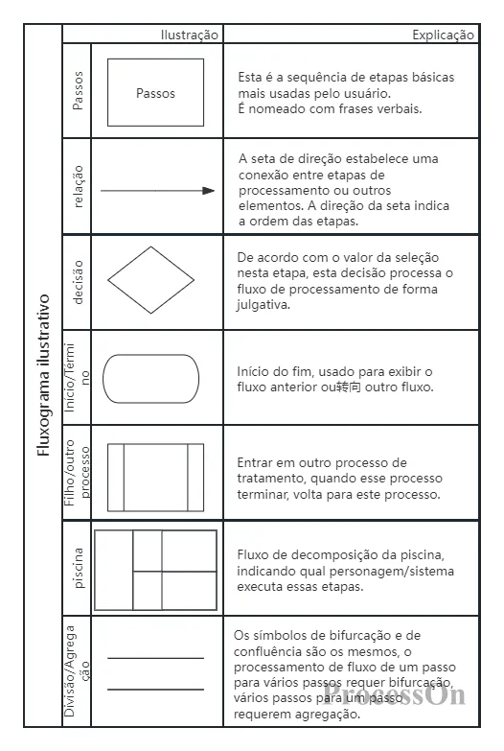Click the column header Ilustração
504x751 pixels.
190,35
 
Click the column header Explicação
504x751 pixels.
443,35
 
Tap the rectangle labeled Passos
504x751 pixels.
155,93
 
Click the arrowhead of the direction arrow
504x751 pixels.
209,191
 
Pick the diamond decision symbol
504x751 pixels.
150,281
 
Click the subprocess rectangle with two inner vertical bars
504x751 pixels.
155,477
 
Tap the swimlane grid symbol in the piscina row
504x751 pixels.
154,570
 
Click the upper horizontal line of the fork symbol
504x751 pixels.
155,658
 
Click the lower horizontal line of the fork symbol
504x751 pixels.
155,689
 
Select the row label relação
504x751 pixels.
79,186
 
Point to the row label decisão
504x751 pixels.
79,282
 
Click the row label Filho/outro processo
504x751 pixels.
79,473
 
